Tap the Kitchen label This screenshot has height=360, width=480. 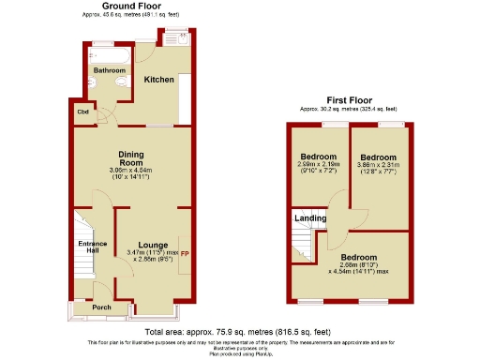(x=158, y=80)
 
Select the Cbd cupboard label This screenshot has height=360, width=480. (x=82, y=112)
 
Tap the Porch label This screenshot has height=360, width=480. (x=101, y=306)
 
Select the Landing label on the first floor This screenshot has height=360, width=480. (x=310, y=218)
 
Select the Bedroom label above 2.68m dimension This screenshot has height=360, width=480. (x=357, y=257)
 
